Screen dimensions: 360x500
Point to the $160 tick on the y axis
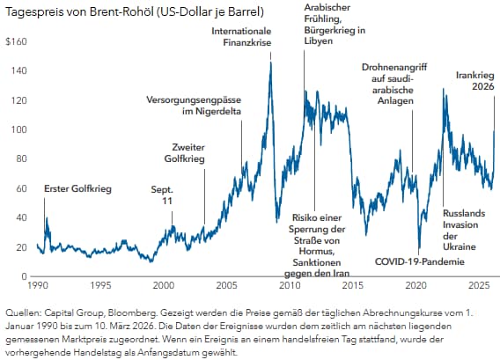pyautogui.click(x=17, y=41)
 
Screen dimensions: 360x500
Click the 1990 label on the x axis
pyautogui.click(x=38, y=286)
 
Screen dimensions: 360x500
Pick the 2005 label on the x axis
pyautogui.click(x=226, y=286)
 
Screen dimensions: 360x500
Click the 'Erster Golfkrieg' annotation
pyautogui.click(x=78, y=188)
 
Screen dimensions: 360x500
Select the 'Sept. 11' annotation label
pyautogui.click(x=163, y=195)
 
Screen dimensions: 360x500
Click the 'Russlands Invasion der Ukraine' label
pyautogui.click(x=460, y=229)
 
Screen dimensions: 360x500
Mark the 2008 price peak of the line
pyautogui.click(x=270, y=62)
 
